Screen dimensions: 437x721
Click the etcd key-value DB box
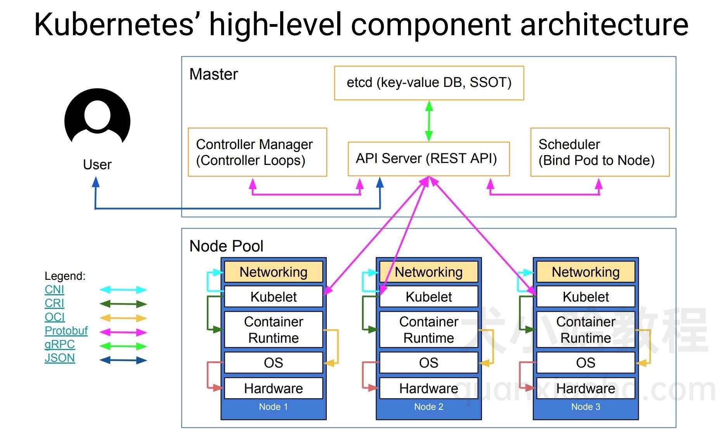tap(429, 83)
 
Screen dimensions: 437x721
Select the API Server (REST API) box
tap(428, 159)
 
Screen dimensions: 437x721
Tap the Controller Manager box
tap(257, 152)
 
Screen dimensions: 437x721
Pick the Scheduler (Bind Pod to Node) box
tap(600, 152)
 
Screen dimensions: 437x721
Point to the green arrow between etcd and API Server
tap(429, 121)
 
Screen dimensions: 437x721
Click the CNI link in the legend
tap(54, 290)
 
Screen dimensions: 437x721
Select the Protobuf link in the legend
tap(66, 331)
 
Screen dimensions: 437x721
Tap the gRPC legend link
tap(59, 344)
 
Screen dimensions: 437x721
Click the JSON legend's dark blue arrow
tap(123, 360)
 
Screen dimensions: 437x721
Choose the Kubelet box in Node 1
tap(273, 297)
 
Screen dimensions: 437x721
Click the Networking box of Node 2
tap(428, 272)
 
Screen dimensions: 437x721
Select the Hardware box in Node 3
tap(585, 388)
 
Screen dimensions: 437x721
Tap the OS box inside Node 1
tap(273, 362)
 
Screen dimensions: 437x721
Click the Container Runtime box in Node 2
tap(428, 329)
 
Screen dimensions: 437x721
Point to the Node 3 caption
tap(585, 407)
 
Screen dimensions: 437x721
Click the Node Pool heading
tap(226, 246)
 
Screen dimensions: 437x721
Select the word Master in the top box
tap(213, 74)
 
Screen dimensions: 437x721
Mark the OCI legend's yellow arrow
tap(123, 318)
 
